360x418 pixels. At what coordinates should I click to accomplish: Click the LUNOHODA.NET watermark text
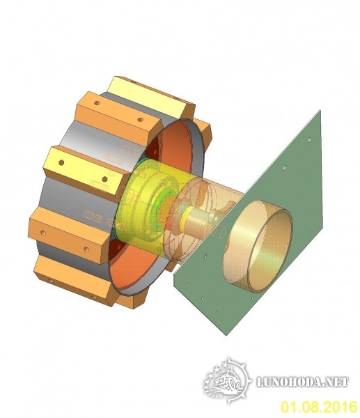pos(302,382)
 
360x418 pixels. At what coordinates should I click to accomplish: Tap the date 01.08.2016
pos(319,407)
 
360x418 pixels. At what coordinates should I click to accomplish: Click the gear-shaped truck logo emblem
pos(227,381)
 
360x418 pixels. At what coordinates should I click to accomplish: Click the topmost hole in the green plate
pos(309,139)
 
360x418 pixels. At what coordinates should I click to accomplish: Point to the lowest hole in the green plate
pos(217,311)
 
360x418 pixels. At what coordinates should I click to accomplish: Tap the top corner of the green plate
pos(320,110)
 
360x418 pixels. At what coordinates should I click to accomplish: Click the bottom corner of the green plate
pos(227,334)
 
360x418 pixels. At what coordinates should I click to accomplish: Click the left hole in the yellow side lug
pos(61,162)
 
